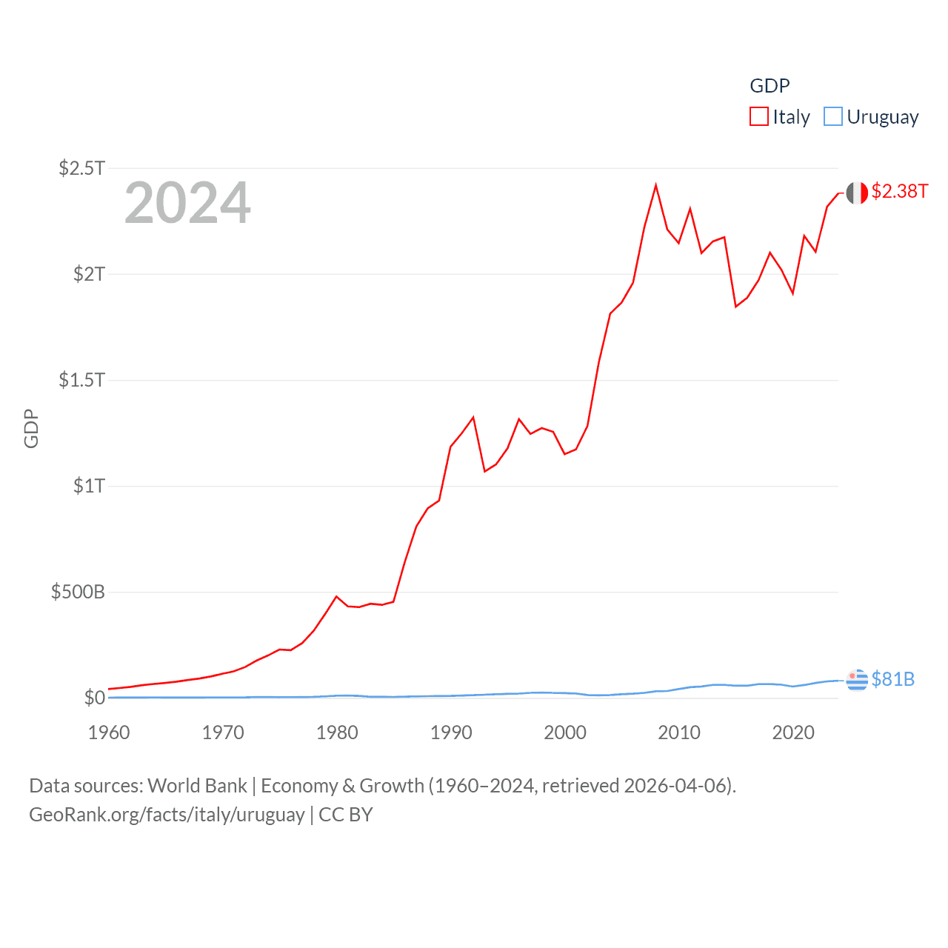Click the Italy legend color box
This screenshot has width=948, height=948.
(759, 117)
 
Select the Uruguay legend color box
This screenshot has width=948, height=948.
(833, 117)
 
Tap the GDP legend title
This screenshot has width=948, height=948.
(770, 86)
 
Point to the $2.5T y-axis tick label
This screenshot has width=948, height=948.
(81, 168)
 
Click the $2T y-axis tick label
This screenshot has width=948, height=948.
(89, 274)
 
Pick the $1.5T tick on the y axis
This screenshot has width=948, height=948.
(81, 380)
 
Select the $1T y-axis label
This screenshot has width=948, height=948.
(89, 486)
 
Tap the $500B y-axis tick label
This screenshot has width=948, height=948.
(78, 592)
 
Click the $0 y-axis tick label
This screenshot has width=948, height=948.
(95, 698)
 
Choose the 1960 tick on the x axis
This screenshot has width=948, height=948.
(109, 732)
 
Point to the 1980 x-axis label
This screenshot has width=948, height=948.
(337, 732)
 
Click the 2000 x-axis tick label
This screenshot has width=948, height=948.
(565, 732)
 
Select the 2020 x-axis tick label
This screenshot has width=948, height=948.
(793, 732)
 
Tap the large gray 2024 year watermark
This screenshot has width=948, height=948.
(187, 203)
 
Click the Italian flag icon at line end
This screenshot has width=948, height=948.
(857, 193)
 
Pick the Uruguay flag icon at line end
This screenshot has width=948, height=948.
(857, 679)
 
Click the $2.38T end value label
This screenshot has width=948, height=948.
(899, 191)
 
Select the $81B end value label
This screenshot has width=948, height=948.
(893, 679)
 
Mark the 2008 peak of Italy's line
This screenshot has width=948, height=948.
(655, 185)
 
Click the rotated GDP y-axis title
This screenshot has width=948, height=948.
(31, 429)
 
